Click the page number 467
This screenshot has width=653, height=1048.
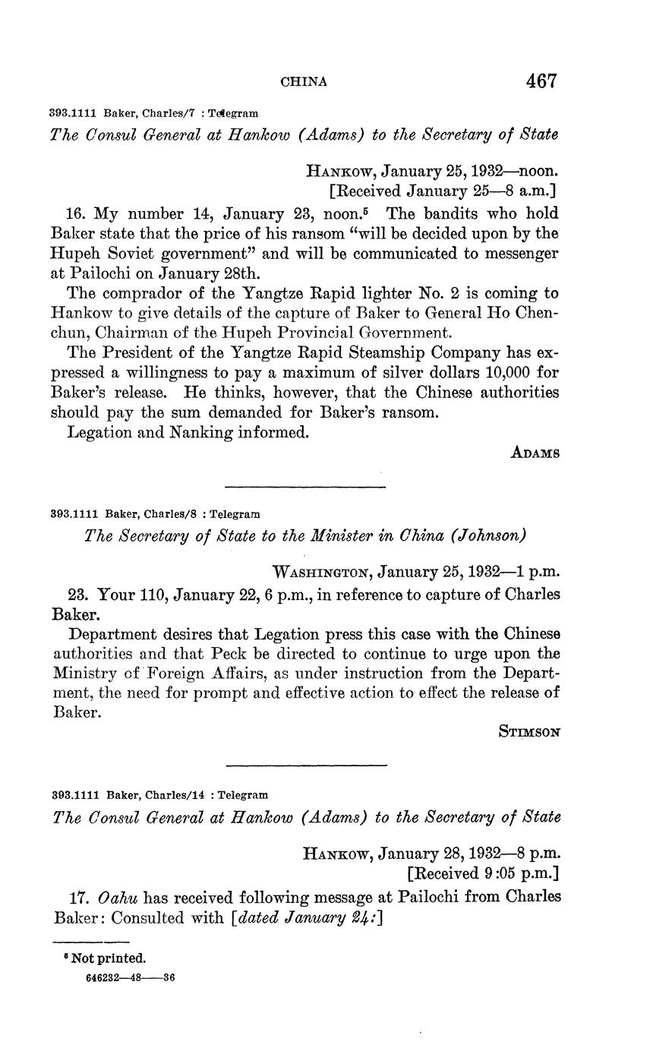539,81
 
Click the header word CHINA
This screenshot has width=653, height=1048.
304,82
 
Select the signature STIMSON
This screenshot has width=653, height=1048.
529,732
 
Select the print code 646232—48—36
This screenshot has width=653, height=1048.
131,979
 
